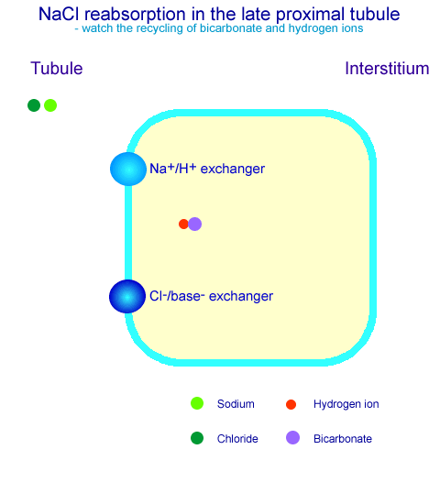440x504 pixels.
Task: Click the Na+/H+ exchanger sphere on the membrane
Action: tap(128, 170)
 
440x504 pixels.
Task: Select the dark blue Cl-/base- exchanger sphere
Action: tap(127, 296)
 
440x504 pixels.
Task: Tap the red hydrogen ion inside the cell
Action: tap(183, 224)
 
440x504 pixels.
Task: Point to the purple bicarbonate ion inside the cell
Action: tap(195, 224)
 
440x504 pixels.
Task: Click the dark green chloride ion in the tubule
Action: tap(34, 105)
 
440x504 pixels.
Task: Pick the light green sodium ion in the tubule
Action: tap(50, 105)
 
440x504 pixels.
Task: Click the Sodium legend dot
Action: tap(197, 403)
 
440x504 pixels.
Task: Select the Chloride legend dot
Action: tap(197, 438)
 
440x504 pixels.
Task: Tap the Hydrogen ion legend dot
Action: tap(291, 404)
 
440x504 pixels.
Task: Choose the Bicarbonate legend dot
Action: tap(292, 438)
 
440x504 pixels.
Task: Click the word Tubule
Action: tap(57, 69)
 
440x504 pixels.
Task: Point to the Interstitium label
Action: tap(387, 69)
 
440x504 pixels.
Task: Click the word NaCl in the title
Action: tap(59, 14)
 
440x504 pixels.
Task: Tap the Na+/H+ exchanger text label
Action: tap(207, 169)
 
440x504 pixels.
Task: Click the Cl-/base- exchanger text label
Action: tap(212, 296)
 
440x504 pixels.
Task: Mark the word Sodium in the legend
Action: tap(236, 404)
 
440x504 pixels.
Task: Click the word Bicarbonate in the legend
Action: tap(343, 439)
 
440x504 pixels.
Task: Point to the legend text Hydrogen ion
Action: tap(346, 404)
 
